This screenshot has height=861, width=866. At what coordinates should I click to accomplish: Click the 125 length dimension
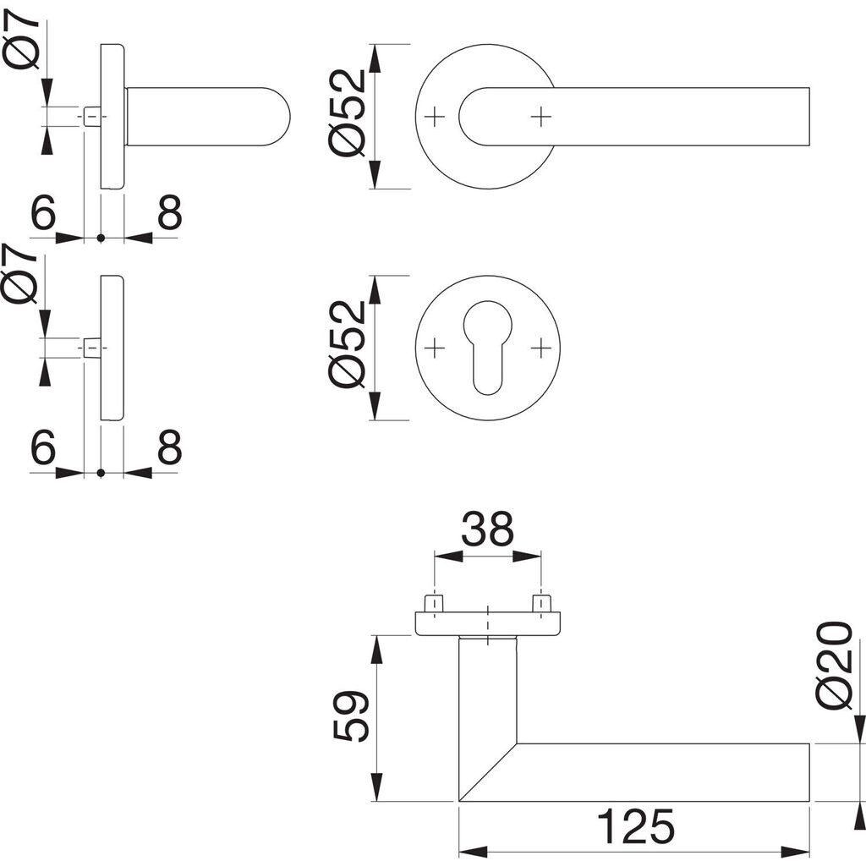point(635,825)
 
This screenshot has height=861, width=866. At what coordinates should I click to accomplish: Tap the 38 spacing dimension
point(487,530)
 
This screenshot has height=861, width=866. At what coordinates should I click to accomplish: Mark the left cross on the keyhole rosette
point(434,347)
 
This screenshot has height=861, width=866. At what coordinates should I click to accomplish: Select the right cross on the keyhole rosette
point(541,347)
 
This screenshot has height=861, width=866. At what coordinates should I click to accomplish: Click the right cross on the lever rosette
point(541,115)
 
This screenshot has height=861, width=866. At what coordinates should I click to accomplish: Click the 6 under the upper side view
point(42,214)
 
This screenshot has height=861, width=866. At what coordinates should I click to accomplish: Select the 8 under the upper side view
point(169,214)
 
